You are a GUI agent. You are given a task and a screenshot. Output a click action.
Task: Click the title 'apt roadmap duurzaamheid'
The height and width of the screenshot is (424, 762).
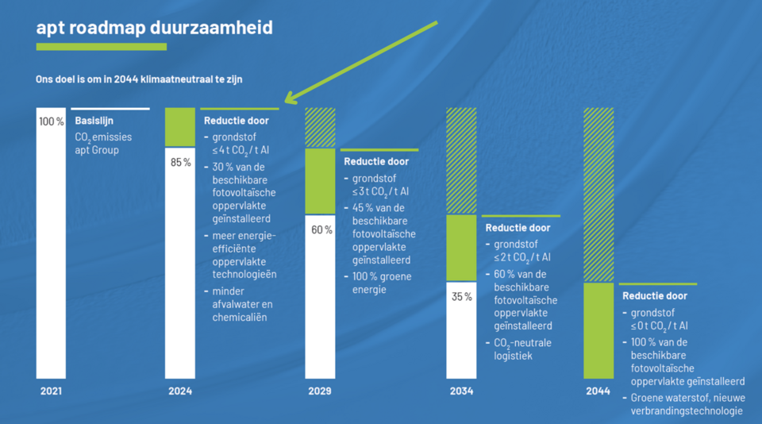click(x=154, y=28)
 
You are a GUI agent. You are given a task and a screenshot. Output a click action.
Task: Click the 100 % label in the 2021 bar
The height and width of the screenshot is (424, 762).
click(x=51, y=121)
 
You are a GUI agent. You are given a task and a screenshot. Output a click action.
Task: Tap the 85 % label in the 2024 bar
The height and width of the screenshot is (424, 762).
click(x=181, y=163)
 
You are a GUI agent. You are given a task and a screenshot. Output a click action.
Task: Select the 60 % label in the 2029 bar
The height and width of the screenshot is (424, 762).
click(x=321, y=230)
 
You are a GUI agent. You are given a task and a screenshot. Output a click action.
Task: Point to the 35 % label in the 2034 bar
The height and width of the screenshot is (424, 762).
click(x=462, y=297)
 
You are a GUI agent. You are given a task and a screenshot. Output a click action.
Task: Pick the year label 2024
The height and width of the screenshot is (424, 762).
click(x=179, y=391)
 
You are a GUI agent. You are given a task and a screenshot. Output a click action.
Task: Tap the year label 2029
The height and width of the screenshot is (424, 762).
click(x=321, y=391)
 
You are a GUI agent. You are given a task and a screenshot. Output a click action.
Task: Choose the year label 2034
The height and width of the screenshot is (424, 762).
click(x=461, y=391)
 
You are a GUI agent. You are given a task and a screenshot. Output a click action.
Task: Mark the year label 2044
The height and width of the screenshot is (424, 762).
click(x=598, y=391)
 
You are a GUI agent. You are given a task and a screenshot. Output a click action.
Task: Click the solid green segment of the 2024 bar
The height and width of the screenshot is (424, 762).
click(x=179, y=127)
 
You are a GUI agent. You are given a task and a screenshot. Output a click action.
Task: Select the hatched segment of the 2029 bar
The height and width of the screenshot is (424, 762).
click(x=321, y=128)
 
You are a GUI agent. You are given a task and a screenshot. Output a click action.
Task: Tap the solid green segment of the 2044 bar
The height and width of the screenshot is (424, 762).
click(x=598, y=330)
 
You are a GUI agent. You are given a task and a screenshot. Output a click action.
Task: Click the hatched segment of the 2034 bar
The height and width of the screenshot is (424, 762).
click(x=461, y=160)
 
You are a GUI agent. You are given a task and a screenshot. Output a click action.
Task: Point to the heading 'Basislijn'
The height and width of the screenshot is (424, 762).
click(x=94, y=121)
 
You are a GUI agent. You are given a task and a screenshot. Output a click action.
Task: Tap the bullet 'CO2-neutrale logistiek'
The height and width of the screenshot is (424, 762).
click(x=521, y=349)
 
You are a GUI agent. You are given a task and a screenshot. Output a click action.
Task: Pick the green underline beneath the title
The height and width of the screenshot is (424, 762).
click(x=102, y=47)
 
